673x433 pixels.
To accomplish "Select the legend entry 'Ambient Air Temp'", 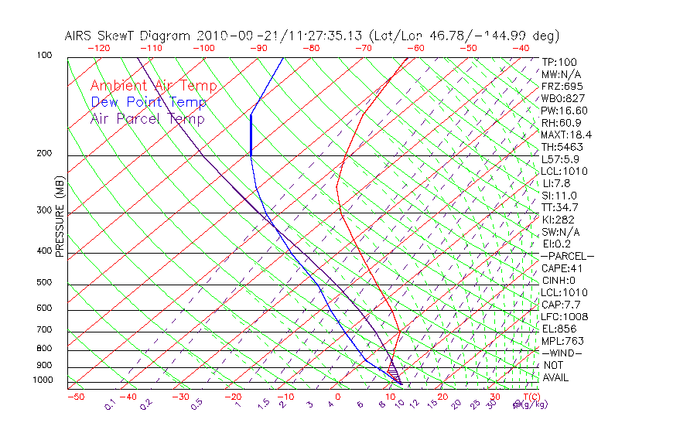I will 153,86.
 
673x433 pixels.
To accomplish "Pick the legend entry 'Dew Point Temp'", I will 149,102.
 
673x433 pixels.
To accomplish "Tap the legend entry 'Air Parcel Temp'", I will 147,118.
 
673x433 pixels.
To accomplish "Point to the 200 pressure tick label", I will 46,154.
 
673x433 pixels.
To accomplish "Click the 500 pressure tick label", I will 46,282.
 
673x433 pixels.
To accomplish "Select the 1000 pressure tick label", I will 43,380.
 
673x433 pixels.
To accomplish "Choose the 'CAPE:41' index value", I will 562,268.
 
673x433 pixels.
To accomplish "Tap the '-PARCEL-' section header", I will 567,256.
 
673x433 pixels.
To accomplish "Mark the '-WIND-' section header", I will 562,353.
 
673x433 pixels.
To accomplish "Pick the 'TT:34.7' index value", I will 559,207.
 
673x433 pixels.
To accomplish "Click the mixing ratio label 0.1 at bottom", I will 110,404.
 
